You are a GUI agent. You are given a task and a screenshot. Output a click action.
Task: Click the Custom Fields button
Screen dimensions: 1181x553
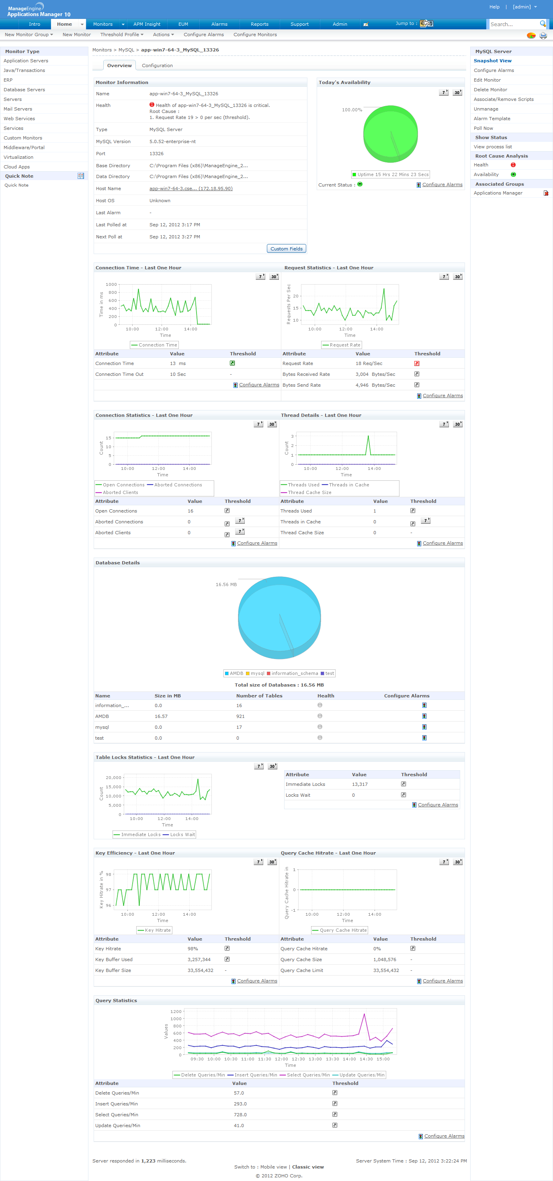point(286,248)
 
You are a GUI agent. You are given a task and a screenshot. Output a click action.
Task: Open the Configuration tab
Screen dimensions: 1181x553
point(157,66)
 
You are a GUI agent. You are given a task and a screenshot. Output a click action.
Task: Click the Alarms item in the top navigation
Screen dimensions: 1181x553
point(219,24)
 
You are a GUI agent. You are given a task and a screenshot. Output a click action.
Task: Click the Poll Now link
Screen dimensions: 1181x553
point(483,128)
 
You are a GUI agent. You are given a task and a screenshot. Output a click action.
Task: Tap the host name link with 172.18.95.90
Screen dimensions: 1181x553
point(191,189)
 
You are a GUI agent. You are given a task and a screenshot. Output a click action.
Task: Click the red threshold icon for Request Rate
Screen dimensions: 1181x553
point(416,363)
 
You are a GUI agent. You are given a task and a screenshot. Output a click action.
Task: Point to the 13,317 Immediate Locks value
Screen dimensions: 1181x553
point(360,784)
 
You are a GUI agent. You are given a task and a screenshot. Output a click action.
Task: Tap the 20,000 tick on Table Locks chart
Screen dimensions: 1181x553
point(113,777)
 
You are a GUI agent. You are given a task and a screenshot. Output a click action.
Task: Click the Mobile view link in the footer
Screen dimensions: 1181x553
point(273,1167)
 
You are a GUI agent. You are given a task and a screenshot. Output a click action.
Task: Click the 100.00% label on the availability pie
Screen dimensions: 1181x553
point(352,110)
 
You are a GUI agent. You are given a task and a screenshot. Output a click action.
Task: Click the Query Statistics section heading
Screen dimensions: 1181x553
point(116,1001)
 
